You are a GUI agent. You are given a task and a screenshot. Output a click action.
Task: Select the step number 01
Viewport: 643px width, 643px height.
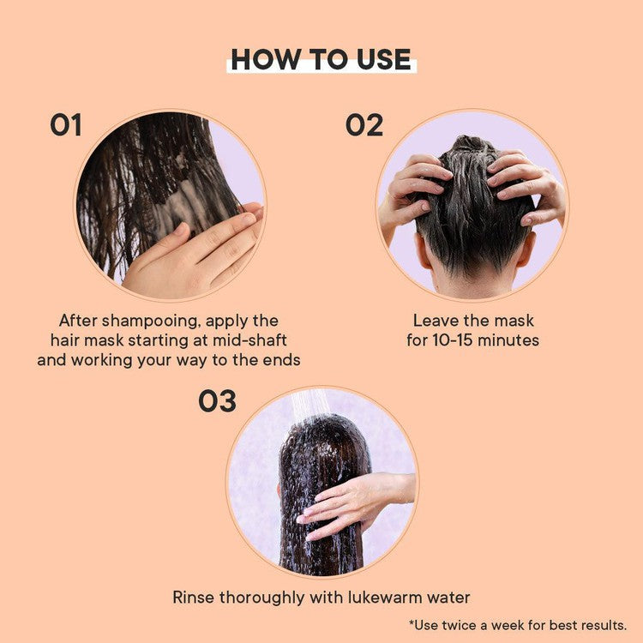[x=66, y=124]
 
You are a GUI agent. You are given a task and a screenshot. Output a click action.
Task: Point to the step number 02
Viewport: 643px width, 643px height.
[x=364, y=124]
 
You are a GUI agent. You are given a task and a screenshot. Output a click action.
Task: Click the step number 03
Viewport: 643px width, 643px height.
[x=218, y=400]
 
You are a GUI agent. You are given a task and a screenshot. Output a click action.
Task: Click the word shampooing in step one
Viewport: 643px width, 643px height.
[x=151, y=321]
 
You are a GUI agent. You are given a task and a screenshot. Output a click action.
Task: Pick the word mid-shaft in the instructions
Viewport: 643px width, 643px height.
[x=249, y=340]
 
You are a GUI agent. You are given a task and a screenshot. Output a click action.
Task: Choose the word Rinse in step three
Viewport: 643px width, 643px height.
[x=194, y=597]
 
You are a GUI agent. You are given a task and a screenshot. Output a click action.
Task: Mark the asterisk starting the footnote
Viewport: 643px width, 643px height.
[x=412, y=623]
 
